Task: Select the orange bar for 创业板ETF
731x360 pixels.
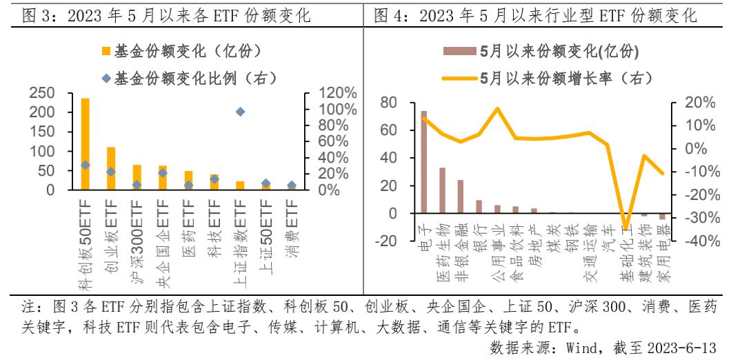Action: click(x=111, y=168)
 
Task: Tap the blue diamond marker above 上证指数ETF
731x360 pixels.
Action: click(x=240, y=112)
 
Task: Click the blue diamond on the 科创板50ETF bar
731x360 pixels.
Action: click(x=86, y=165)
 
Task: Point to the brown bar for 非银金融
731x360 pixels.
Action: click(x=461, y=197)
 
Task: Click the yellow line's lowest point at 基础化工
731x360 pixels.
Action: click(x=626, y=227)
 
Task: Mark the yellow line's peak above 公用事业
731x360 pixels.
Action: click(x=497, y=109)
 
